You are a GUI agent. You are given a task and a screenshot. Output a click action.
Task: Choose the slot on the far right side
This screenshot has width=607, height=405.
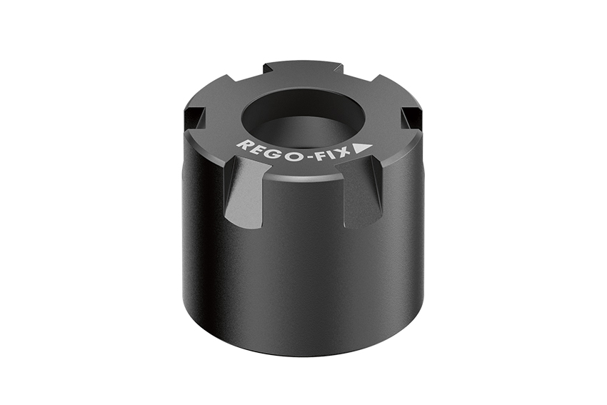pyautogui.click(x=410, y=119)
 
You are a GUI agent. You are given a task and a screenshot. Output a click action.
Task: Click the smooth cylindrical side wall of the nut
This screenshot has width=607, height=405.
pyautogui.click(x=300, y=286)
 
